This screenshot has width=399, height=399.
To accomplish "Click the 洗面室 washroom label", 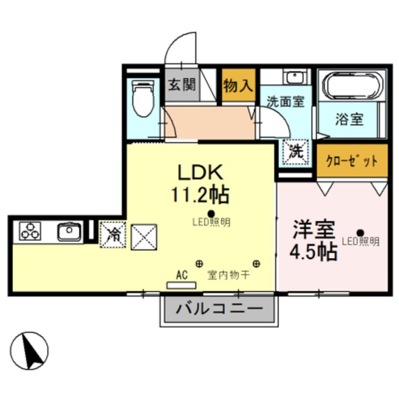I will [285, 103].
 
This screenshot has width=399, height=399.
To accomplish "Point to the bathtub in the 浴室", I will [352, 88].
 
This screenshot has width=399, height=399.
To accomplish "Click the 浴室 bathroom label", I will [349, 119].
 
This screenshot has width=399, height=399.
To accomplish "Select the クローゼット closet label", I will [352, 161].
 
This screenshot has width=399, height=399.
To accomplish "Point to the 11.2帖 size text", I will [199, 195].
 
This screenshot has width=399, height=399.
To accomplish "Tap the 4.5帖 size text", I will [313, 252].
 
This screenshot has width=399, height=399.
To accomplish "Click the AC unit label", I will [181, 274].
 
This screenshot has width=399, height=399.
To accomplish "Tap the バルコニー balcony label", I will [219, 309].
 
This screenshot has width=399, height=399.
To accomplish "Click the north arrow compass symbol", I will [29, 350].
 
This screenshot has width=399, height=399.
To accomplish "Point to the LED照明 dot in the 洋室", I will [361, 233].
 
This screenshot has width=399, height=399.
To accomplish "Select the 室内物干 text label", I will [228, 274].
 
